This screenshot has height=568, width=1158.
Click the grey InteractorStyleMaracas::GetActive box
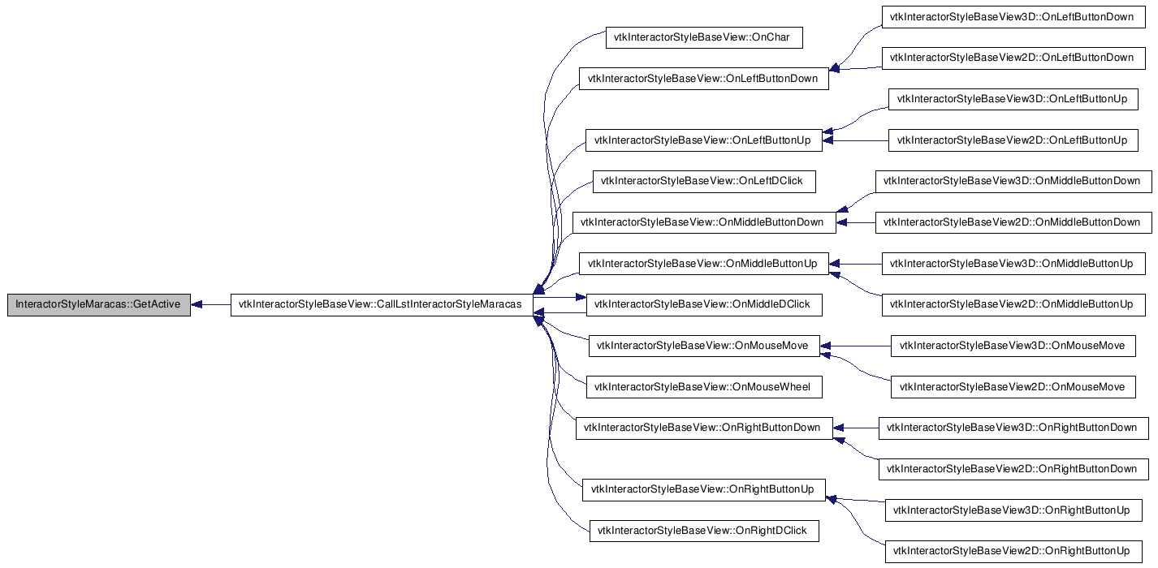(99, 304)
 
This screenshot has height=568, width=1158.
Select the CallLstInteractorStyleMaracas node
(382, 304)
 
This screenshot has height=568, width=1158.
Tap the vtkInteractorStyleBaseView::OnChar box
(704, 37)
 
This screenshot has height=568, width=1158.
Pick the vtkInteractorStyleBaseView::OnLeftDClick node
(704, 181)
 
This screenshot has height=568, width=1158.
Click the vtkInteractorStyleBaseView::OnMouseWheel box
(704, 387)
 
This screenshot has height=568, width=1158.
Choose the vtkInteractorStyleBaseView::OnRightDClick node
(704, 531)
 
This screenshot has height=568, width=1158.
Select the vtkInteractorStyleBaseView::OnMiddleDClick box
(704, 304)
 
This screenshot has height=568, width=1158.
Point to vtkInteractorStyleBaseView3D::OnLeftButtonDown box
(1013, 17)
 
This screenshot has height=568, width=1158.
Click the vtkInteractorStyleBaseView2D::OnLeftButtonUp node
(1013, 140)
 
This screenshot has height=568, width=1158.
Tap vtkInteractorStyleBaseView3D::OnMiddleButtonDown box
(1013, 181)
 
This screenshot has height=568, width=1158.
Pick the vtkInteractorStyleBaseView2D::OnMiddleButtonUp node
(1013, 304)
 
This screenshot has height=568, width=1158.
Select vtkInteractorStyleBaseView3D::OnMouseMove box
(1013, 346)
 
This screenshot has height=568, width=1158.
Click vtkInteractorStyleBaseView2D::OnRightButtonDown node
(1013, 469)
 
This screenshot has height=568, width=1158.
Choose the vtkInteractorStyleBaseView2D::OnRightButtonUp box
(1013, 552)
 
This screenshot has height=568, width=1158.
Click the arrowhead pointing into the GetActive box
(197, 304)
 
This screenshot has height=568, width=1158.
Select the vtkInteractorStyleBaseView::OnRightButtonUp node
(703, 489)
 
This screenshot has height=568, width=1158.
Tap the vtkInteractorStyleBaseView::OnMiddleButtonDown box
(704, 222)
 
